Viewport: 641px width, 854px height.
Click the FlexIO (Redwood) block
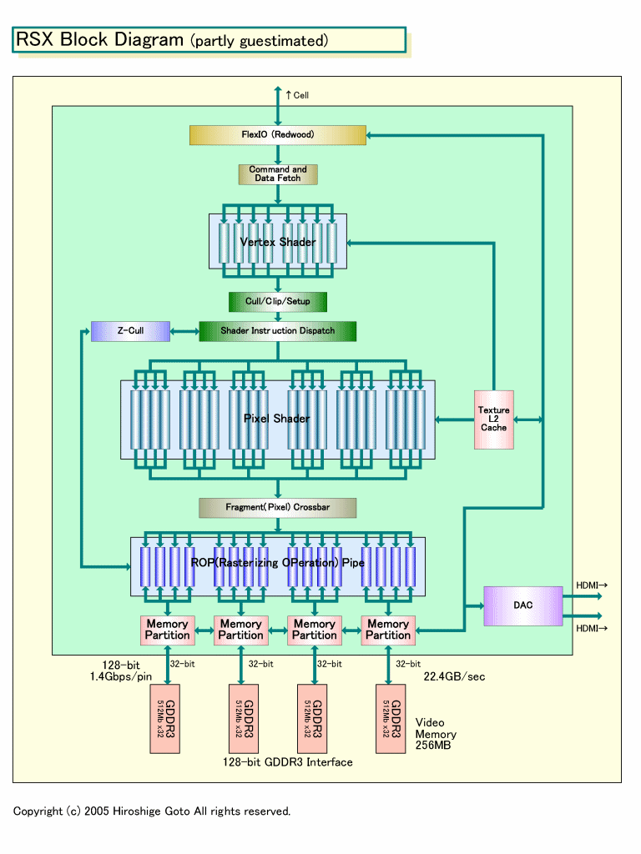[x=278, y=134]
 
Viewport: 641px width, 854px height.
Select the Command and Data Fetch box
[x=278, y=174]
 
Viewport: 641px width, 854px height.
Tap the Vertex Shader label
[x=278, y=242]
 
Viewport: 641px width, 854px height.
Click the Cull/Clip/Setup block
[x=278, y=301]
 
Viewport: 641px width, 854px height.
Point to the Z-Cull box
[x=130, y=331]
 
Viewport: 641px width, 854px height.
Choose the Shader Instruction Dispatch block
[x=278, y=331]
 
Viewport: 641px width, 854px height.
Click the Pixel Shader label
[x=276, y=419]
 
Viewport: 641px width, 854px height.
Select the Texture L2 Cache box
[x=493, y=419]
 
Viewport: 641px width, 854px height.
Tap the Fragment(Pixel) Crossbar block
[x=278, y=507]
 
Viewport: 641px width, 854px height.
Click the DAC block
[x=522, y=605]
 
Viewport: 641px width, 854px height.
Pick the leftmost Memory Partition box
[x=168, y=630]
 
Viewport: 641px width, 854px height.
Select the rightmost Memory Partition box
[x=388, y=630]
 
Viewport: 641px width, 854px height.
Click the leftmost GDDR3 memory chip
[x=168, y=718]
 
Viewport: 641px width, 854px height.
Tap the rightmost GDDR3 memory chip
[x=396, y=718]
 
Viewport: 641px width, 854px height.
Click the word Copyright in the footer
[x=38, y=811]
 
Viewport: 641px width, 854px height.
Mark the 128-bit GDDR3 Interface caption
[x=288, y=762]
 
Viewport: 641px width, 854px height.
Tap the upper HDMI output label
[x=591, y=585]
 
